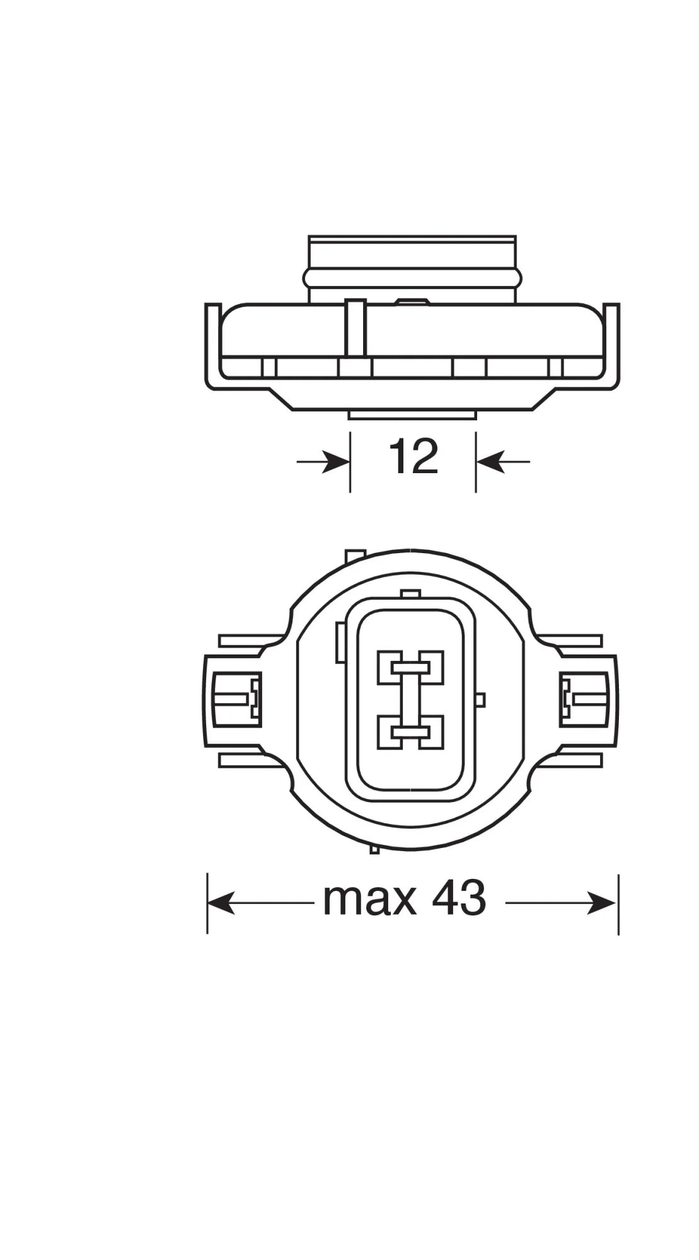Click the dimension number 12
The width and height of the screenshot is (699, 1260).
[413, 457]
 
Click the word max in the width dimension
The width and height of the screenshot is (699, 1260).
[369, 899]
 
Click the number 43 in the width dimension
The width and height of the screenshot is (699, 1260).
[459, 899]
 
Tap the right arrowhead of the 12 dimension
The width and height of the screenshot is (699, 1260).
[489, 462]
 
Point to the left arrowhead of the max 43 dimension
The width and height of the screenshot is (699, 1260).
[221, 903]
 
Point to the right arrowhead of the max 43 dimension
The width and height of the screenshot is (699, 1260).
[602, 903]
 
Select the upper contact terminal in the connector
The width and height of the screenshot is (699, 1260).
[410, 667]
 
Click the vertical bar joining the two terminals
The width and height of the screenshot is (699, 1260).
[410, 699]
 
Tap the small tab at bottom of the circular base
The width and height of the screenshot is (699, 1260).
[374, 849]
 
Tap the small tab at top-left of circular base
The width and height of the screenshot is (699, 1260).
[355, 556]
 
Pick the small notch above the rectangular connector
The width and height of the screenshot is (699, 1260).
[410, 593]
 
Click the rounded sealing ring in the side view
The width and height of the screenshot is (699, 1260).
[413, 277]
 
